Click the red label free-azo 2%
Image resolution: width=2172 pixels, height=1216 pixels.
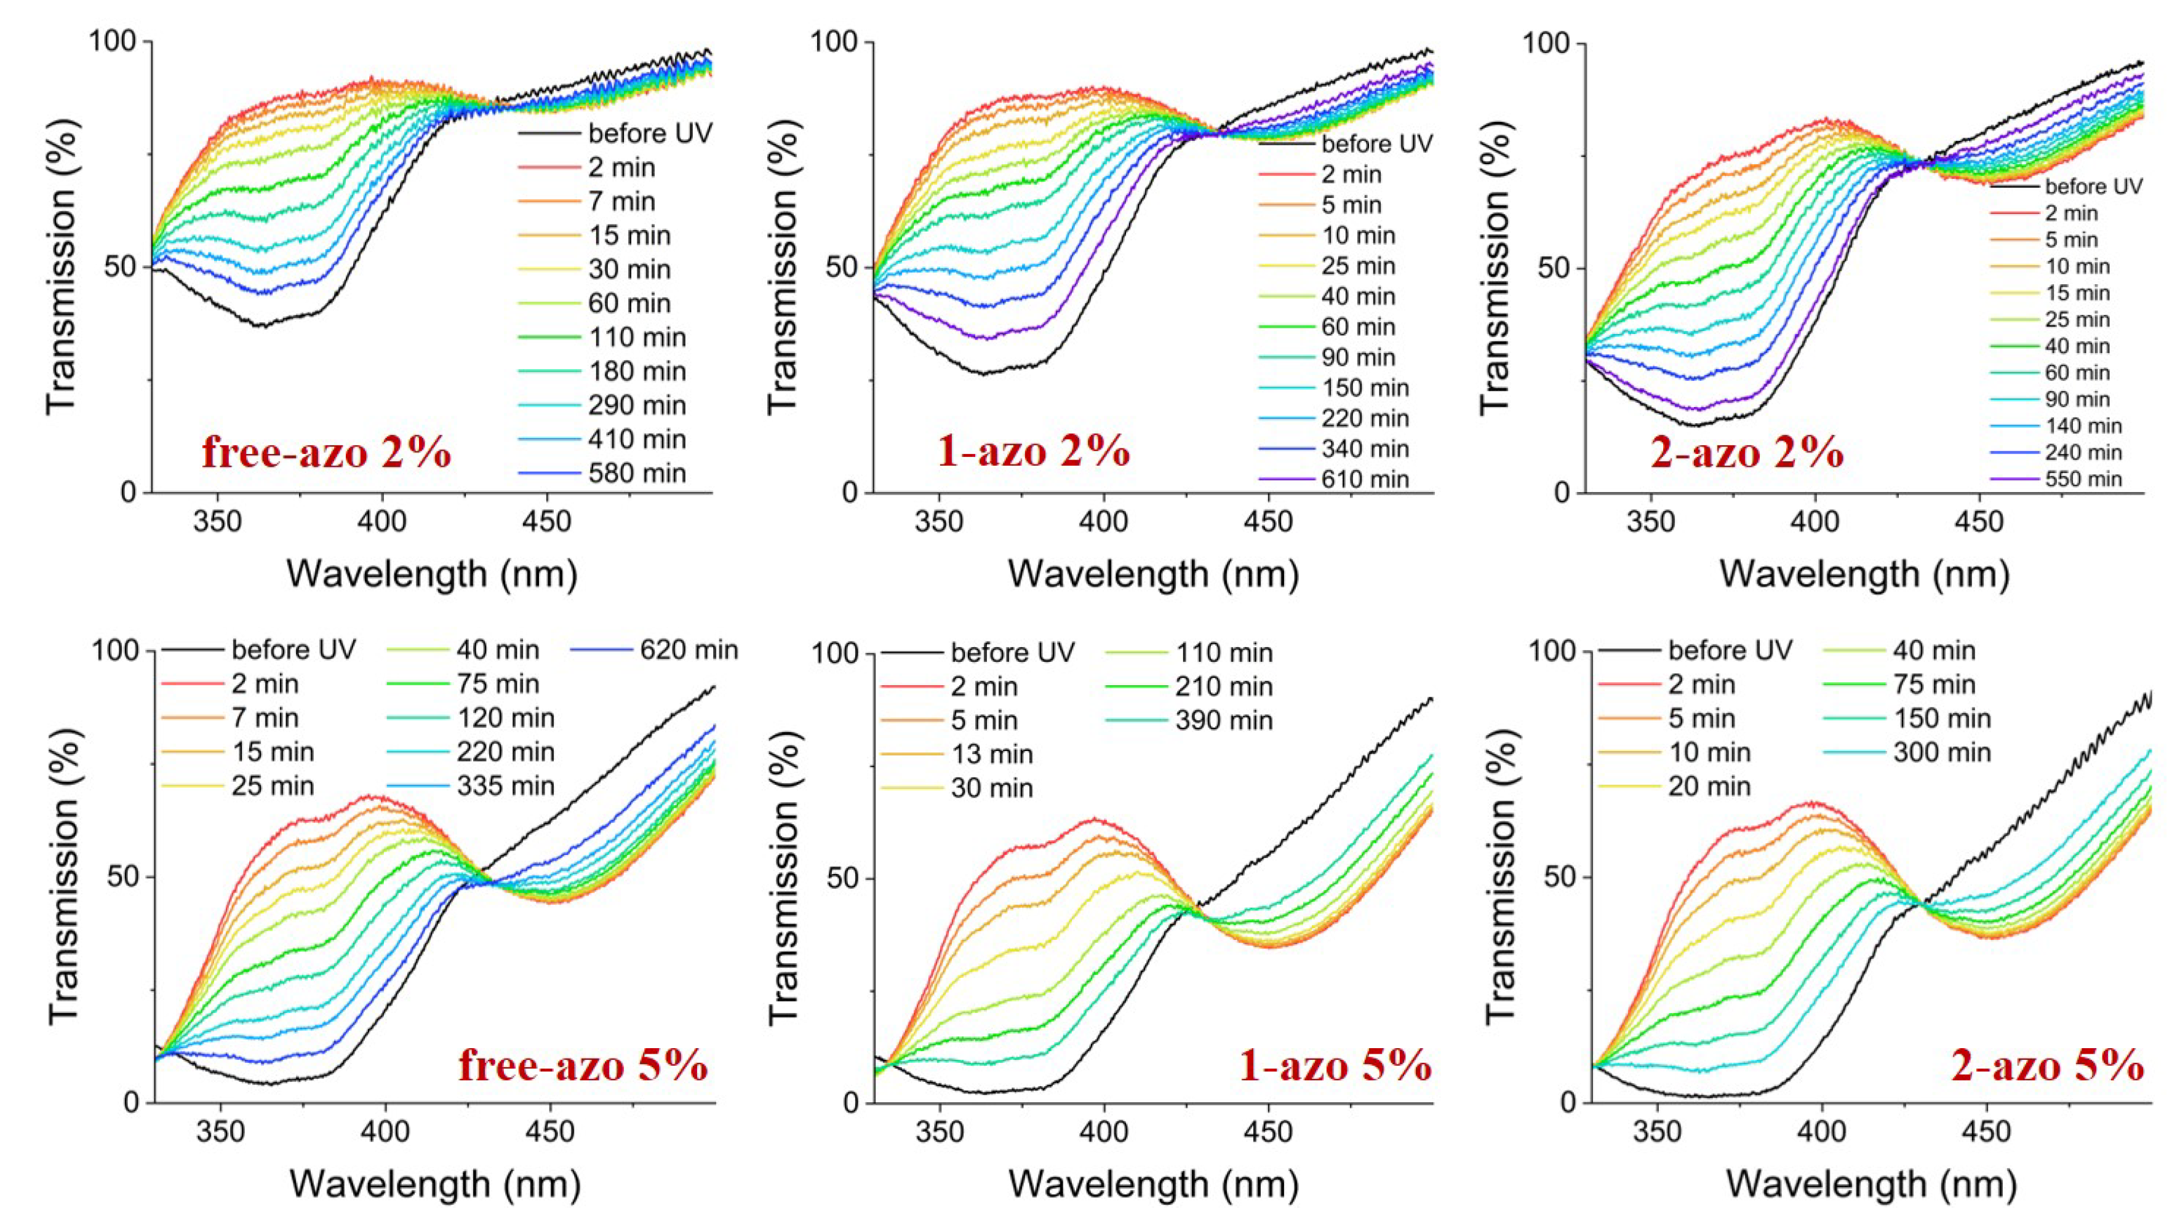click(326, 453)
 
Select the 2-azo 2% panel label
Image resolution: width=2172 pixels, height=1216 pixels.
click(1747, 453)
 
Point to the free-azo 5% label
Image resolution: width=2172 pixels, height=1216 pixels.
click(583, 1065)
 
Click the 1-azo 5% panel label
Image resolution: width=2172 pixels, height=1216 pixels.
click(1335, 1065)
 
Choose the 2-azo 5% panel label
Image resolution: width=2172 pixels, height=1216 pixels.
click(2047, 1066)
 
